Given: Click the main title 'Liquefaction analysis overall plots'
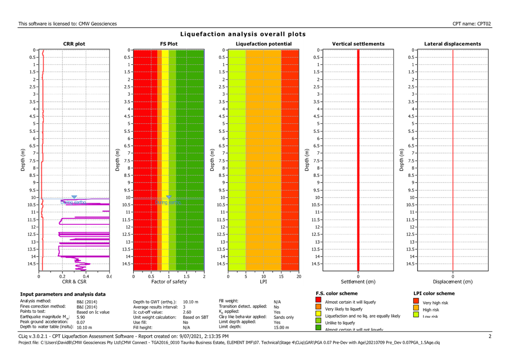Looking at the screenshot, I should [243, 34].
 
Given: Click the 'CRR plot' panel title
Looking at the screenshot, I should [74, 44].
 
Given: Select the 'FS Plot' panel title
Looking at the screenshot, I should [169, 44].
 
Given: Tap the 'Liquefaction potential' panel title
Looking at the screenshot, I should [263, 44].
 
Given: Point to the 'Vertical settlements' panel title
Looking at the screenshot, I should [358, 44].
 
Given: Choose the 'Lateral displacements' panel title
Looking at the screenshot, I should [453, 44].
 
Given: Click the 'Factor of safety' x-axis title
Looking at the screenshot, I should [169, 281].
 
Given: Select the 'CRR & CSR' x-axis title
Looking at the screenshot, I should [74, 281].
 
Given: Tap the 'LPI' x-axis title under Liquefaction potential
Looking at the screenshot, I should [263, 281].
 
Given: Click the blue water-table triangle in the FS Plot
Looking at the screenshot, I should [169, 197].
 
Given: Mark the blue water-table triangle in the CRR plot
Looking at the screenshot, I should [74, 197].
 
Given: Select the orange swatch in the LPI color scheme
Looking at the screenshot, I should [416, 308].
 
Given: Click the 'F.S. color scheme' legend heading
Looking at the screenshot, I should [337, 293].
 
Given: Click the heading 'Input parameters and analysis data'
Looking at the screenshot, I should [63, 294].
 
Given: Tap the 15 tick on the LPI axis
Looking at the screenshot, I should [281, 276].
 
